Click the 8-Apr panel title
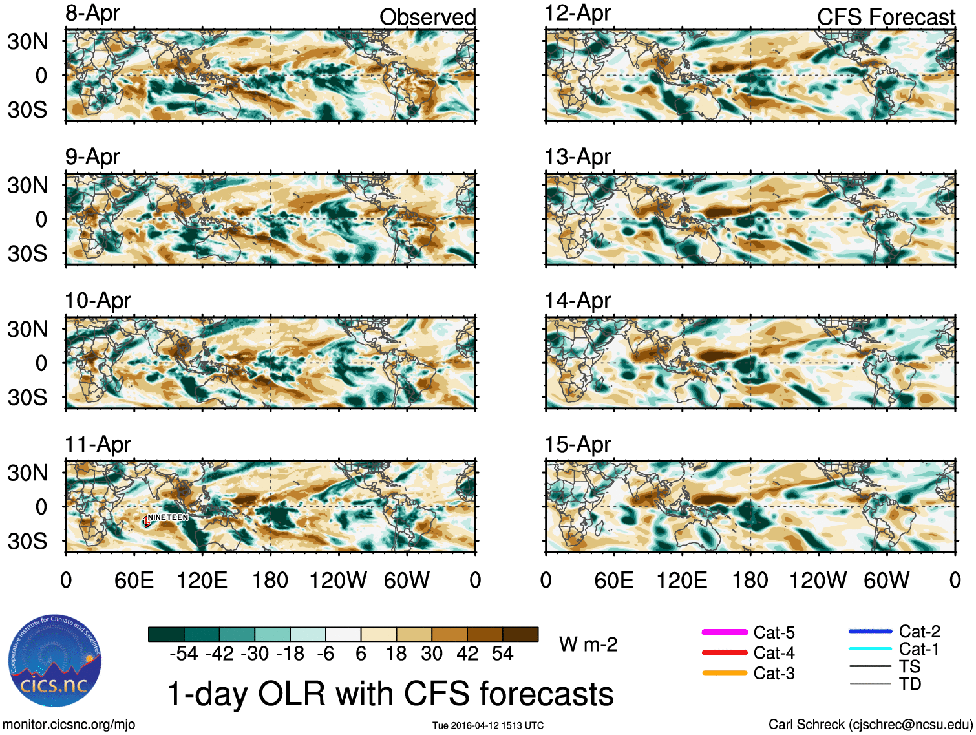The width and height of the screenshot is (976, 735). click(92, 13)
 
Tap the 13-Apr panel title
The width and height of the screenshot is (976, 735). click(577, 157)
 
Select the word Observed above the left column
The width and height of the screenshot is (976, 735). click(427, 17)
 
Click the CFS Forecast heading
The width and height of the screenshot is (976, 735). click(886, 17)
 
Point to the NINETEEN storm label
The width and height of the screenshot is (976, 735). click(167, 517)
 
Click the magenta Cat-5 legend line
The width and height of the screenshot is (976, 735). click(725, 632)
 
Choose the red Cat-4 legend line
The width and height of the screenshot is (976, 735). click(725, 653)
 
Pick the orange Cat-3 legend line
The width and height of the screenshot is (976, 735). click(725, 673)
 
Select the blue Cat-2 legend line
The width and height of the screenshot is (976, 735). click(870, 631)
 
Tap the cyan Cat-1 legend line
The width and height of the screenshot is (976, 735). click(870, 648)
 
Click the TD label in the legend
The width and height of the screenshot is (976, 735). click(910, 684)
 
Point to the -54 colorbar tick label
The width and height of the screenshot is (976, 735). click(184, 654)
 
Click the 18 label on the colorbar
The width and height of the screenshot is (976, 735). click(396, 654)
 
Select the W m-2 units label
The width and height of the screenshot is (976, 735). click(588, 644)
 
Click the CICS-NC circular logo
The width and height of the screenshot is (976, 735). click(54, 661)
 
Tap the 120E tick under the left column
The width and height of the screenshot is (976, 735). click(202, 580)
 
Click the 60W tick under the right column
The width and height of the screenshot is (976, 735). click(886, 580)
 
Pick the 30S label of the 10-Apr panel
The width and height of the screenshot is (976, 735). click(27, 398)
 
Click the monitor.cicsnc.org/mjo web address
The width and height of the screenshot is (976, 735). click(69, 724)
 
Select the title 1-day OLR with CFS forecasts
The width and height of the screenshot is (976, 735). click(390, 694)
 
